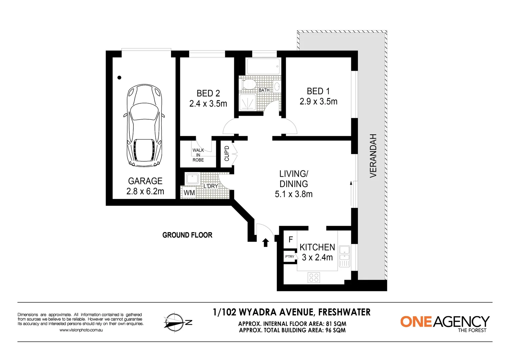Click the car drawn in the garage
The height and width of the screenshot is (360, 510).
coord(144,126)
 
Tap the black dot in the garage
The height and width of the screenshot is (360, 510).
coord(119,78)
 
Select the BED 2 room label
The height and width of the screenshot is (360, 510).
coord(208,93)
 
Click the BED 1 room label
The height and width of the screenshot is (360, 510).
coord(318,91)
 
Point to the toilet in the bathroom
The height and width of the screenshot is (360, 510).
coord(248,84)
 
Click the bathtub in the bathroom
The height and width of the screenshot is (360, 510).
coord(263,66)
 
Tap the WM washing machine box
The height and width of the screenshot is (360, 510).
coord(189,193)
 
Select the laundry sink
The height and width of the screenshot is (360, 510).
coord(192,179)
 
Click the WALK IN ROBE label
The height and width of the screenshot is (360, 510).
coord(198,155)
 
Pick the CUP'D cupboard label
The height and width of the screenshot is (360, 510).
coord(227,153)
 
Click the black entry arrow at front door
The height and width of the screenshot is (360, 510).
coord(266,243)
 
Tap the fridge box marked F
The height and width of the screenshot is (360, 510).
coord(290,239)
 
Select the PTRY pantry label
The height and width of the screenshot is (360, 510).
coord(290,256)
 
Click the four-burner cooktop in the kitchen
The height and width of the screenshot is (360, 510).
coord(314,277)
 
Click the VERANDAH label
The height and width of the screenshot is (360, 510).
coord(373,156)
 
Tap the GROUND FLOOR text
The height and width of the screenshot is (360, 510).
coord(187,235)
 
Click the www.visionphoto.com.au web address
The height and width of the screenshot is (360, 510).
coord(81,330)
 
